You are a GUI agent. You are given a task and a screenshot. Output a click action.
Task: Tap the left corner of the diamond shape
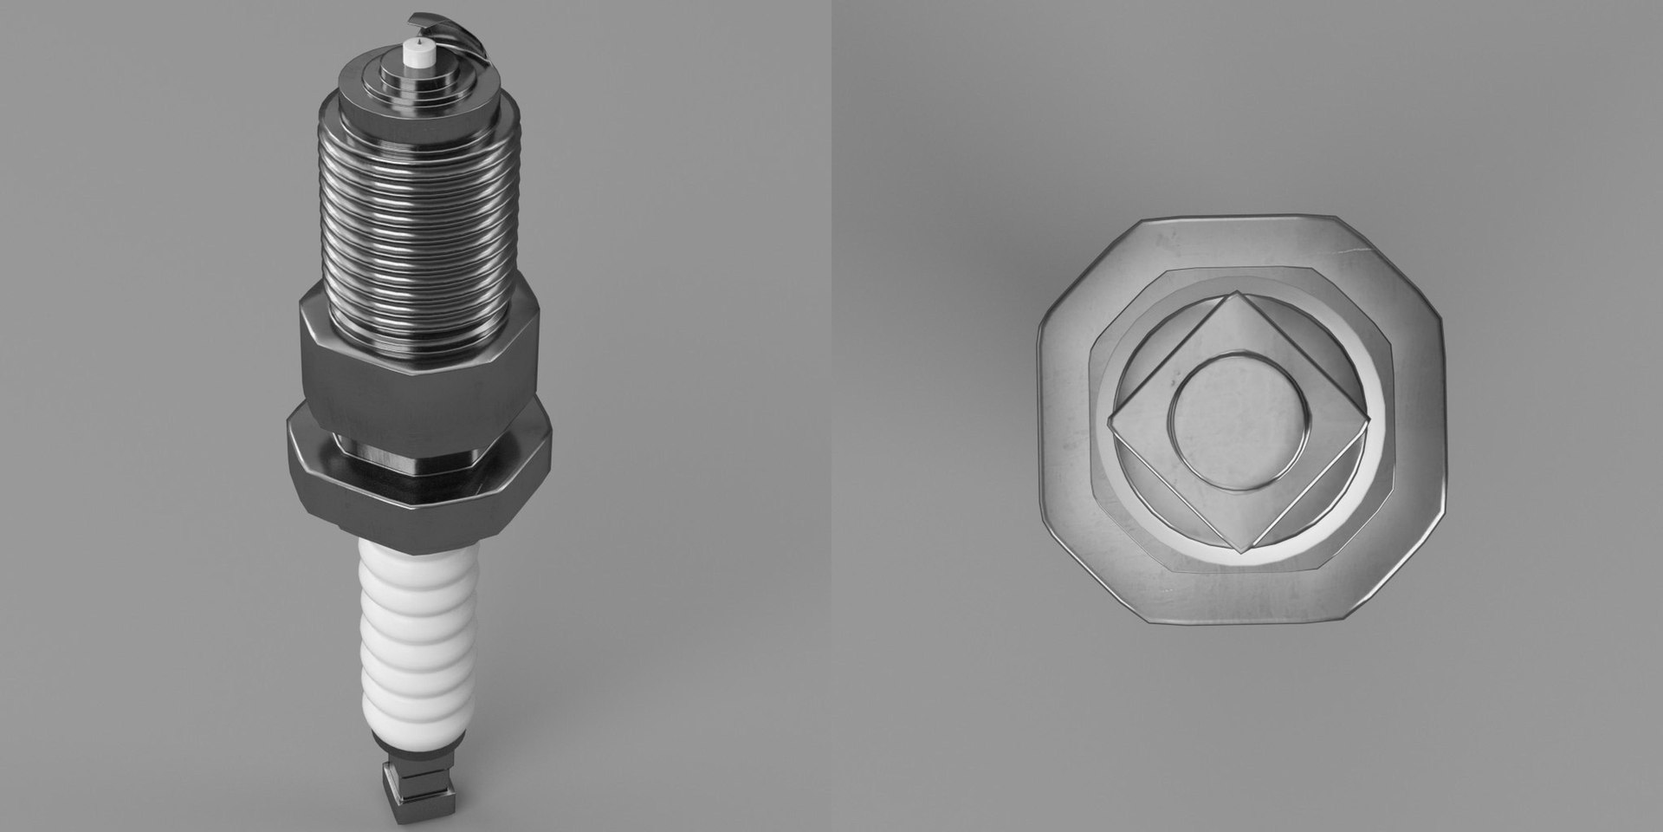(1110, 423)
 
